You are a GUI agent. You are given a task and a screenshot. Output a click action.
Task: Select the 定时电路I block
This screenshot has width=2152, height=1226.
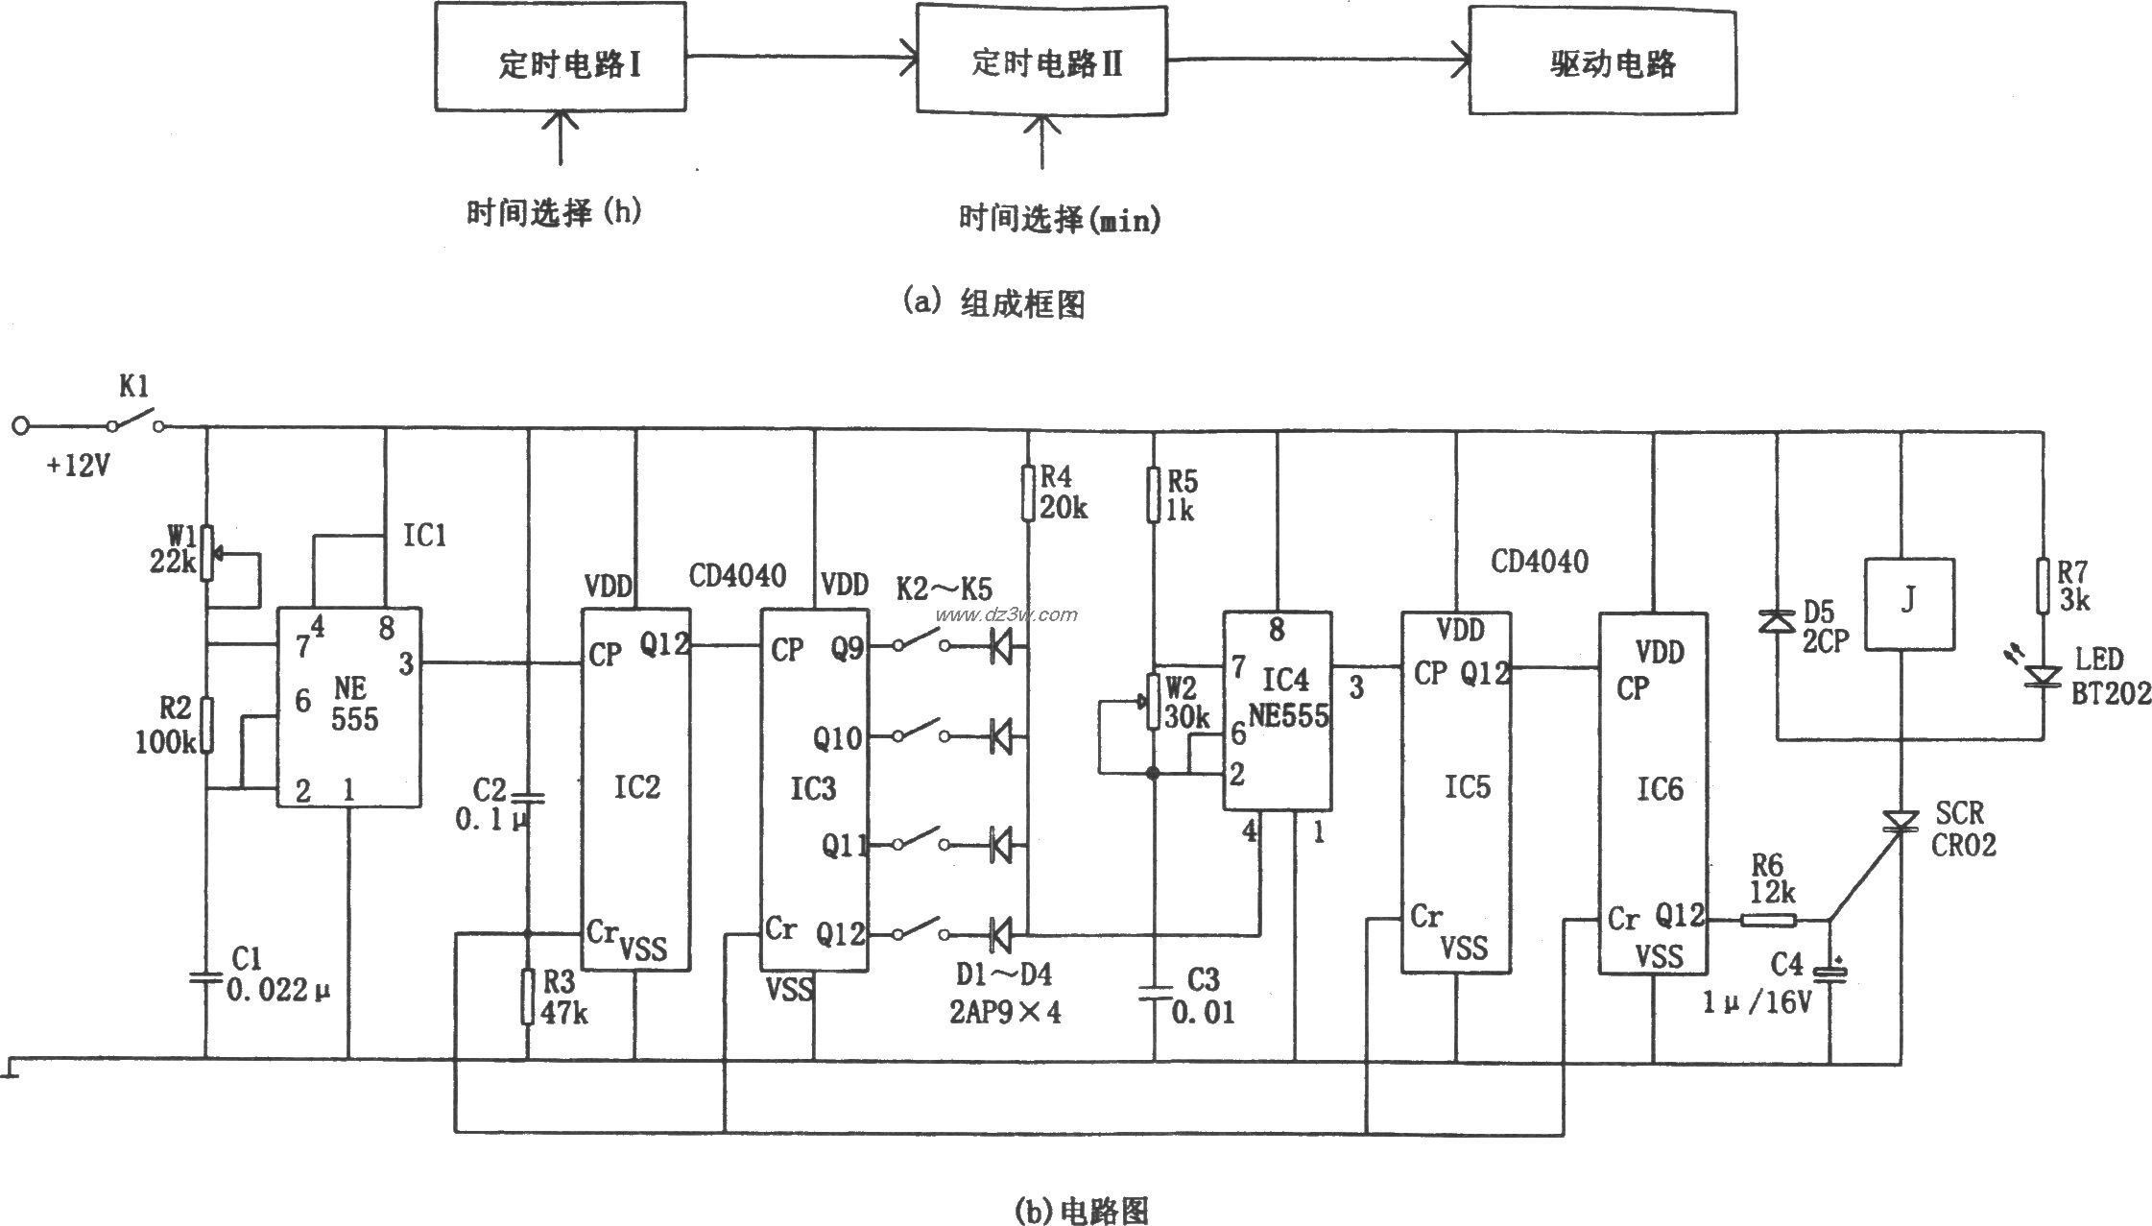560,59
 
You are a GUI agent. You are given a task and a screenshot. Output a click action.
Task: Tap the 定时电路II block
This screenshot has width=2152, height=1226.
1042,59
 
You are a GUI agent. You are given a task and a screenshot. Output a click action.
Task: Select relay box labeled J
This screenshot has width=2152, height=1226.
1908,604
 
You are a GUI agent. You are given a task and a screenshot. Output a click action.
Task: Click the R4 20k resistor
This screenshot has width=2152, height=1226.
1027,493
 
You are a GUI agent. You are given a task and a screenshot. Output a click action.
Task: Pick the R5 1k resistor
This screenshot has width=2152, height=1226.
1155,494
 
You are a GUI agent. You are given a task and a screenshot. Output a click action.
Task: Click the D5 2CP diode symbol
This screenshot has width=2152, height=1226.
1777,622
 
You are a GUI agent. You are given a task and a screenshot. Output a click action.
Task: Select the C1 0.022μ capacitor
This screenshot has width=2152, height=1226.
205,976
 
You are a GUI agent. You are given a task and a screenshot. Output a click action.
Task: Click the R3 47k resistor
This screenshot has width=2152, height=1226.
526,996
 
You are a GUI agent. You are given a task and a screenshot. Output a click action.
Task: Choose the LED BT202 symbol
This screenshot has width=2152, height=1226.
2043,676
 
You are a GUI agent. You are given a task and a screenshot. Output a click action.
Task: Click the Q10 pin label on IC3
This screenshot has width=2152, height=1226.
837,738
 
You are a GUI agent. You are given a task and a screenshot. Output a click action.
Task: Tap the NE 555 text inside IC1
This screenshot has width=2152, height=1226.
353,704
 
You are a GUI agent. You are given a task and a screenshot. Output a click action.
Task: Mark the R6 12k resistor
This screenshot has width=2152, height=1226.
1768,921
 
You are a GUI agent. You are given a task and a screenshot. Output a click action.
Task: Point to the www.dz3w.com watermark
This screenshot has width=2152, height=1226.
1007,614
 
